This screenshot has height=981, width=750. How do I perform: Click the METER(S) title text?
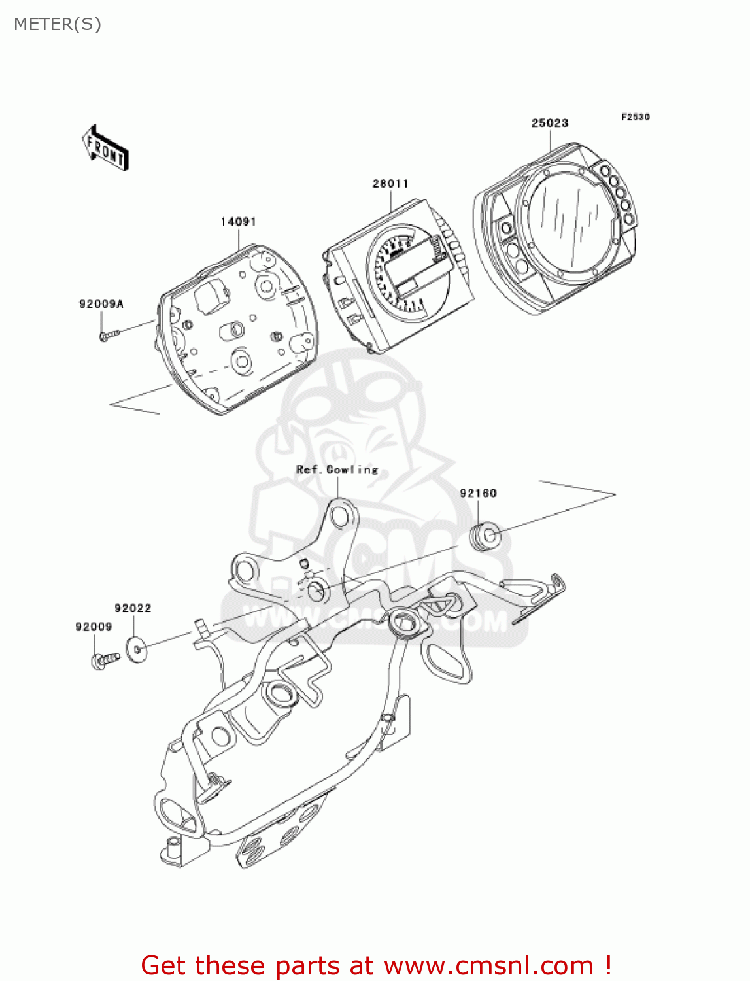pyautogui.click(x=58, y=24)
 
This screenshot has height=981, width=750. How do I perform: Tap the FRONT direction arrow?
pyautogui.click(x=105, y=148)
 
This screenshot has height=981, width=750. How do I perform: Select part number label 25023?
pyautogui.click(x=549, y=123)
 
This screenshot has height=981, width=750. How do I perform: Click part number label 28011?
pyautogui.click(x=390, y=184)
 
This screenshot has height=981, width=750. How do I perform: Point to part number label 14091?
pyautogui.click(x=238, y=222)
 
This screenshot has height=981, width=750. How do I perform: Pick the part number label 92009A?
pyautogui.click(x=101, y=304)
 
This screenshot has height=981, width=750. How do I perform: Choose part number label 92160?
pyautogui.click(x=478, y=493)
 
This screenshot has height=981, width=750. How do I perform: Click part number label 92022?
pyautogui.click(x=133, y=608)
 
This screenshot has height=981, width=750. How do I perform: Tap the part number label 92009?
pyautogui.click(x=94, y=627)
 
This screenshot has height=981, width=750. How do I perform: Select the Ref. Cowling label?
pyautogui.click(x=337, y=470)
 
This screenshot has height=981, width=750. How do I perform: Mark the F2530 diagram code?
pyautogui.click(x=635, y=117)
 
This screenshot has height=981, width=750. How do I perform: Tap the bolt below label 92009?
pyautogui.click(x=105, y=660)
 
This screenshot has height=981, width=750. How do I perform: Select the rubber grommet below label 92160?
pyautogui.click(x=486, y=536)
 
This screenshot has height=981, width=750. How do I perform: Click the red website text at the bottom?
pyautogui.click(x=376, y=965)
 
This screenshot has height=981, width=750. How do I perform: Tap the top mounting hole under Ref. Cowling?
pyautogui.click(x=339, y=517)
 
